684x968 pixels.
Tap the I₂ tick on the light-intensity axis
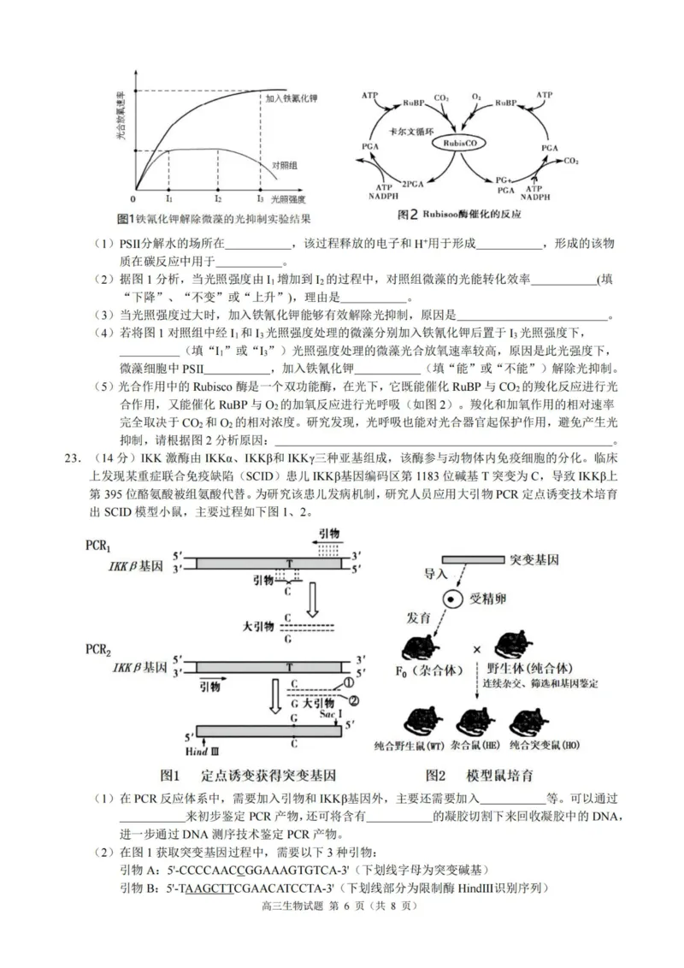point(217,197)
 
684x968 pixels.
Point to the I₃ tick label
point(260,198)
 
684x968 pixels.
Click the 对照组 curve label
point(285,164)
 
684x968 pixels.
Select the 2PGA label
point(414,182)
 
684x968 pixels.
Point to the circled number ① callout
point(349,682)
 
